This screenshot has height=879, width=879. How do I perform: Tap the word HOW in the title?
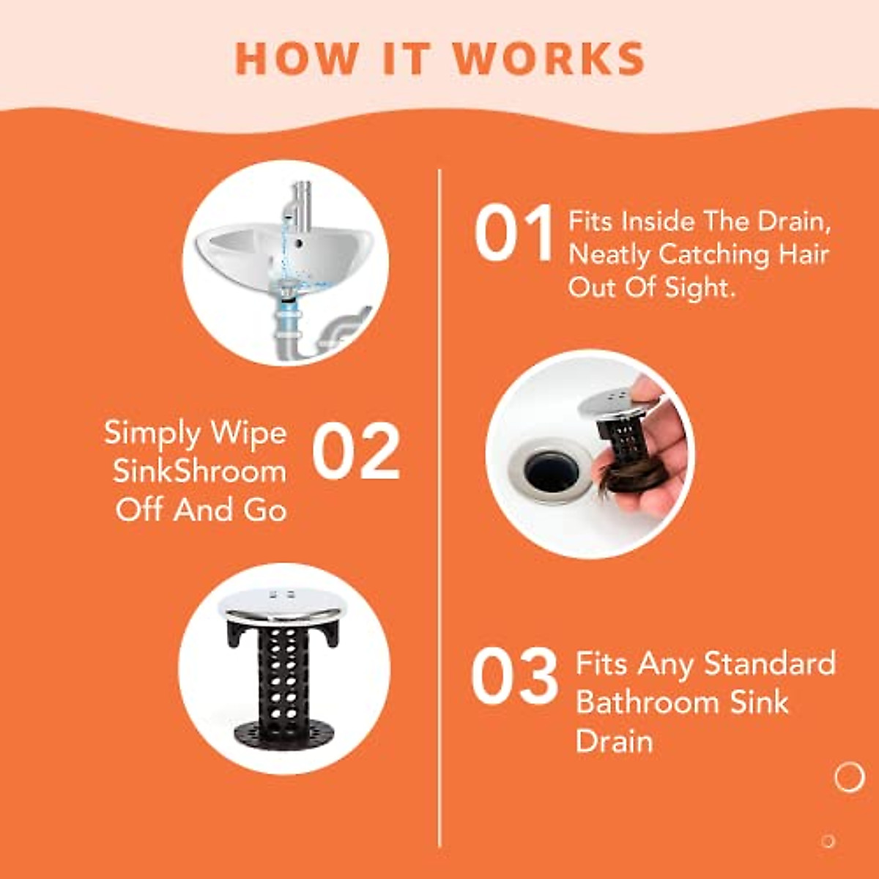click(x=297, y=59)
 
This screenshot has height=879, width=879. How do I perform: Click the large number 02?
click(x=357, y=452)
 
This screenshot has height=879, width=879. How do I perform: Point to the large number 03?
click(x=514, y=677)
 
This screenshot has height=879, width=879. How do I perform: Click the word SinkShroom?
click(x=199, y=471)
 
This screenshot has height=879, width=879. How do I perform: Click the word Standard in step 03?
click(x=769, y=664)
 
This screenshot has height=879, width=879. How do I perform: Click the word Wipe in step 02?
click(x=249, y=433)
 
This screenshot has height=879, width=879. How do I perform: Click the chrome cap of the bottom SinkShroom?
click(x=282, y=603)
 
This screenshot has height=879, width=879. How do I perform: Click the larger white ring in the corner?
click(x=849, y=776)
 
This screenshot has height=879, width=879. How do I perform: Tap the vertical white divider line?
click(x=439, y=513)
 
